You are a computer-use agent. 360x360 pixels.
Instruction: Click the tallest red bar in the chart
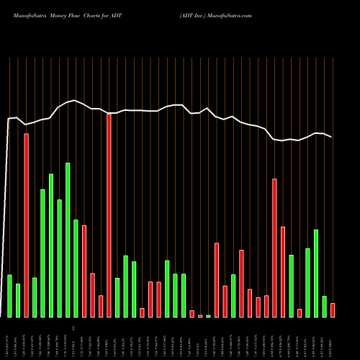tap(109, 215)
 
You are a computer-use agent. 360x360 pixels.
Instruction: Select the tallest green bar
tap(68, 240)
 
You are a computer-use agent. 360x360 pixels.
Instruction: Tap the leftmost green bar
tap(9, 296)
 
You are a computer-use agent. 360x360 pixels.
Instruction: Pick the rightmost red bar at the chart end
tap(333, 310)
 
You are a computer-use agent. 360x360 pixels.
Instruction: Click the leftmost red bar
tap(26, 225)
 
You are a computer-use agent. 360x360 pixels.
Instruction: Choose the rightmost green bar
tap(324, 307)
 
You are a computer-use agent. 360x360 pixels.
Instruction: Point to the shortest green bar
tap(209, 316)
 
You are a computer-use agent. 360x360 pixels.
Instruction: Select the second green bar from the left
tap(18, 300)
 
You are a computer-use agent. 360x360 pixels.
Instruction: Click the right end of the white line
tap(332, 137)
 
